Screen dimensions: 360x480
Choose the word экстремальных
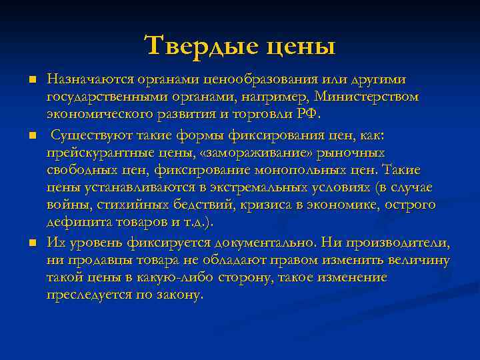point(251,187)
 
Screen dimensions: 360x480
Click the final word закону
point(181,294)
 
